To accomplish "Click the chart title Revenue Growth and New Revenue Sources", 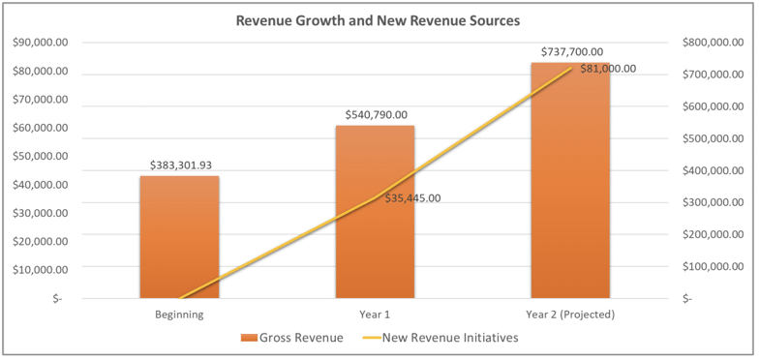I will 379,20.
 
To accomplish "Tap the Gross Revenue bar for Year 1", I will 375,212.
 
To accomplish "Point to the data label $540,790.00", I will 376,115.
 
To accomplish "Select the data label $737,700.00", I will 571,52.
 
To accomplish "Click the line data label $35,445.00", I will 412,198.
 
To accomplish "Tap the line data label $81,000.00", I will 608,69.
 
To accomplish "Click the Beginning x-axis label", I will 179,315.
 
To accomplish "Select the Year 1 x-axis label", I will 375,315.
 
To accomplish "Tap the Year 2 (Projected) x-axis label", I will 570,315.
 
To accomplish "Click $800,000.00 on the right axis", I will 713,44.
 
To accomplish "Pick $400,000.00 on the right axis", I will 713,171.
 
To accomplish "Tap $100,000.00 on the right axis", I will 713,267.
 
